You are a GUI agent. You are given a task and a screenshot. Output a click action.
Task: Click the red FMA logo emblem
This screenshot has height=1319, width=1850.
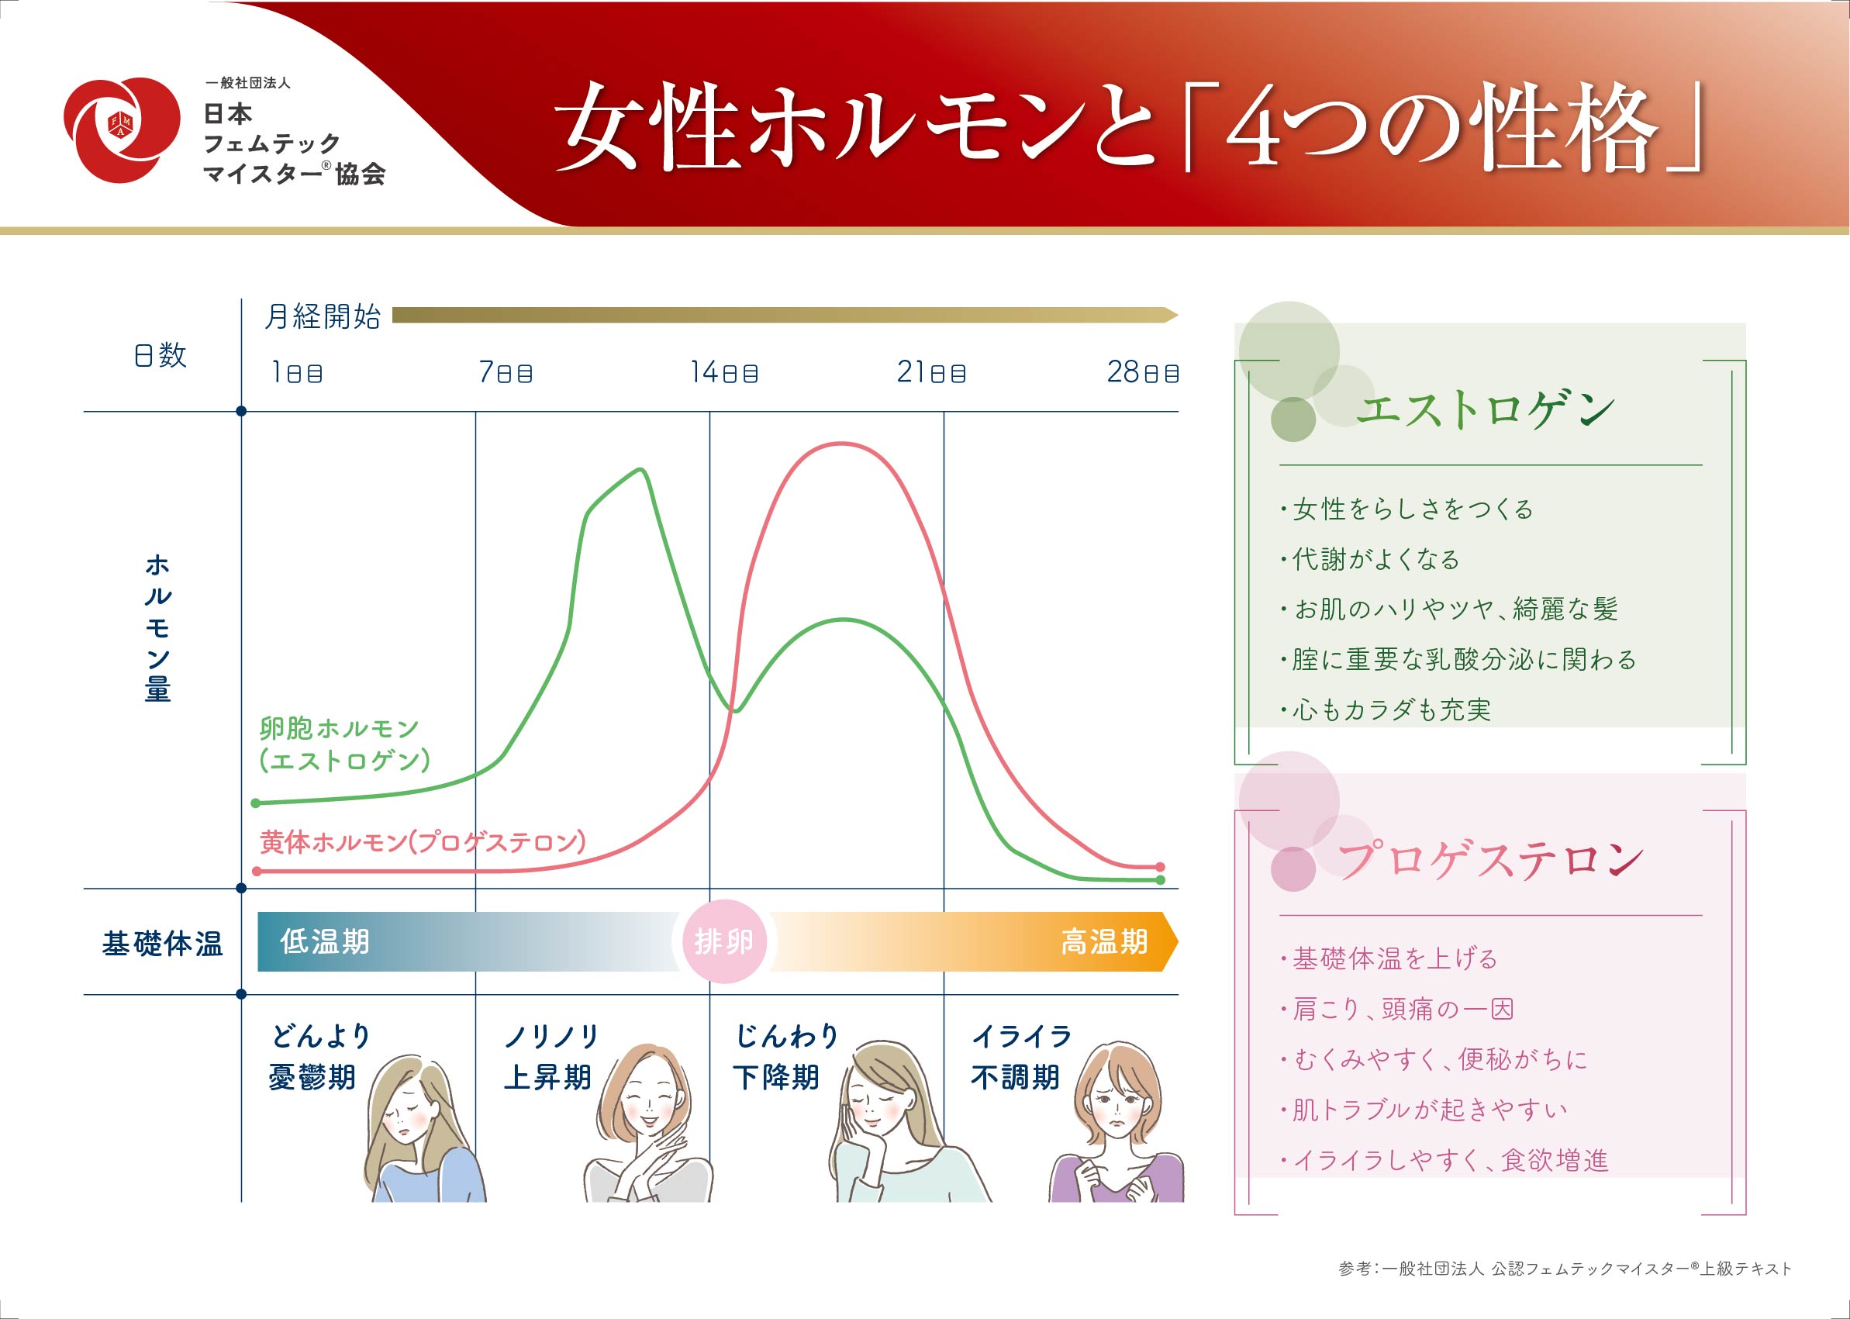[x=122, y=130]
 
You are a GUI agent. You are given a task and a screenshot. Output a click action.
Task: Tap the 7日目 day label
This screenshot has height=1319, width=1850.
[x=505, y=372]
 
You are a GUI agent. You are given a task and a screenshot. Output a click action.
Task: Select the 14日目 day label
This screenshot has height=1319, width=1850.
[x=723, y=372]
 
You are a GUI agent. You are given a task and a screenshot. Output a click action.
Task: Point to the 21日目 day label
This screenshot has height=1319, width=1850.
[x=930, y=372]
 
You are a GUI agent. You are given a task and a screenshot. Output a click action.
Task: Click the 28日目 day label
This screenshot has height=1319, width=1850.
[x=1143, y=372]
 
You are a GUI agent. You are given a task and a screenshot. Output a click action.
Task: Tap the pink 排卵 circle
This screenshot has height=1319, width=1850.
[x=724, y=941]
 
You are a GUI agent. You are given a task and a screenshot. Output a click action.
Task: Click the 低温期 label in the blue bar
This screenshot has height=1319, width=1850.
[x=325, y=941]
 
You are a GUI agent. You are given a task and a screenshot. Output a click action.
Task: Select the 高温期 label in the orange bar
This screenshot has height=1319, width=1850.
[x=1104, y=941]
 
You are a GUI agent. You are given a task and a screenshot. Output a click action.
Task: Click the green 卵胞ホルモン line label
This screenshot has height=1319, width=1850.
[x=344, y=744]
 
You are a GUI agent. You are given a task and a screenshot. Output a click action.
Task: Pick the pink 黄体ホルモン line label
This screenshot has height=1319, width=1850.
[x=423, y=841]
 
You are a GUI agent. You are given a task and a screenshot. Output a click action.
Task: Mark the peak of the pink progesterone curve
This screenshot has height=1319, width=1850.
[x=842, y=444]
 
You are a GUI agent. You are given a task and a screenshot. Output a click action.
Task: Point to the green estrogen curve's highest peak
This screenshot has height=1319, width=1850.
[x=641, y=469]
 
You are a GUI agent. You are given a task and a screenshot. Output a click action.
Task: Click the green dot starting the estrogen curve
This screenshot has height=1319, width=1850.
[x=256, y=803]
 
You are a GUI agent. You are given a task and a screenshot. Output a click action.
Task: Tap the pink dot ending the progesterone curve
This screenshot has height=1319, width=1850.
[x=1160, y=867]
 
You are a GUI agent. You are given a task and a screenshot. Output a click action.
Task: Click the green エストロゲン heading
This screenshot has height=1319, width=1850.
[x=1486, y=409]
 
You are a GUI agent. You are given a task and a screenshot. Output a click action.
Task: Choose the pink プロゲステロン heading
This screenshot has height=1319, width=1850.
[x=1490, y=860]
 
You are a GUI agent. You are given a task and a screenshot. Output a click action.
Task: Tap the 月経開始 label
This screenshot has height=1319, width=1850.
[x=323, y=316]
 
